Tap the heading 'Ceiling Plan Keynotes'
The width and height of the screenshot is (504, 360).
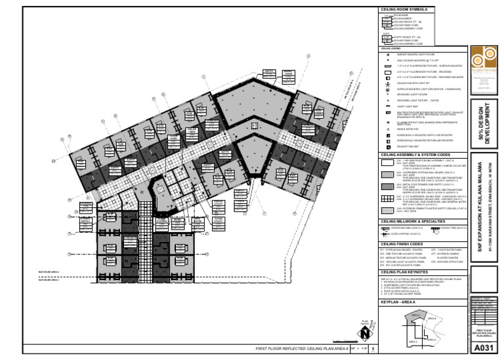click(404, 271)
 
